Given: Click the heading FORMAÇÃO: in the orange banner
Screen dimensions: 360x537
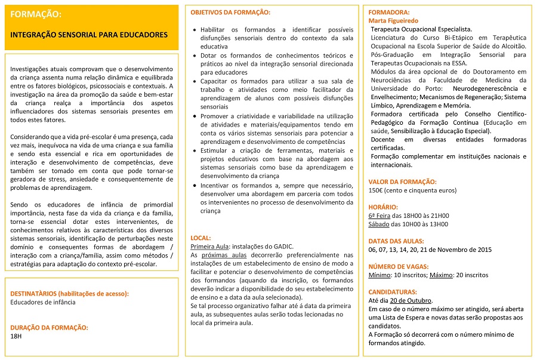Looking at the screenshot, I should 36,14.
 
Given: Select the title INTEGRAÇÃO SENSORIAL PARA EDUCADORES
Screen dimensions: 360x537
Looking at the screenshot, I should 89,35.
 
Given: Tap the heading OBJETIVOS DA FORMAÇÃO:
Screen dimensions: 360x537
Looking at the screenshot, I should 230,13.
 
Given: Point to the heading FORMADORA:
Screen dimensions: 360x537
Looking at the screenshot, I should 389,13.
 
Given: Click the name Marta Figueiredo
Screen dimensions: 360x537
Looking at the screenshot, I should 394,20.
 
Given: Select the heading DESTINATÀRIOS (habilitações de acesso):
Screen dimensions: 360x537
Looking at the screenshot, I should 69,293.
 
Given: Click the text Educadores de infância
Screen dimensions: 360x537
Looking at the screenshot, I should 43,302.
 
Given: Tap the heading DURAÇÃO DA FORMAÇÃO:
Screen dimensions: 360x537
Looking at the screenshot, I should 50,327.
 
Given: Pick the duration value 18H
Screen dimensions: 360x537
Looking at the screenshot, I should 16,336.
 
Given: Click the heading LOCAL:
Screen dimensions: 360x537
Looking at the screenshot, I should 200,238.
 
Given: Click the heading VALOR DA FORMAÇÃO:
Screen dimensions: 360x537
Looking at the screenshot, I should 402,181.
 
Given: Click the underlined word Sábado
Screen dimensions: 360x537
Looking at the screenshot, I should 379,224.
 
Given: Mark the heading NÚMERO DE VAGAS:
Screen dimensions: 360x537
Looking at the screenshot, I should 399,267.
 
